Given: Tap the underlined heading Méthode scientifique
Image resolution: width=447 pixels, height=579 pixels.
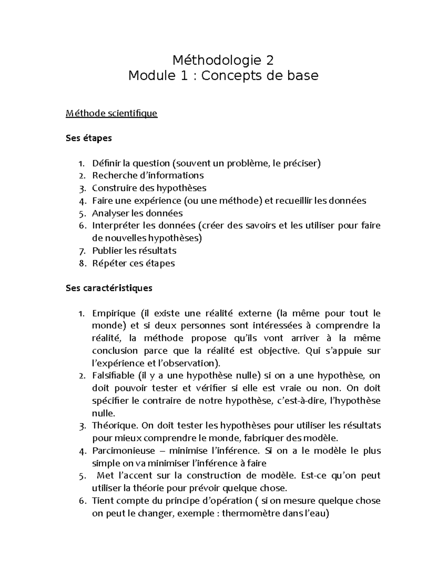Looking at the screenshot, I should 111,113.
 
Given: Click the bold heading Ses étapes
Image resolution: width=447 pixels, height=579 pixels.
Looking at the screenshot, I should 89,138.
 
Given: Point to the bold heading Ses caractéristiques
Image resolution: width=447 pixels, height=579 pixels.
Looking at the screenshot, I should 109,288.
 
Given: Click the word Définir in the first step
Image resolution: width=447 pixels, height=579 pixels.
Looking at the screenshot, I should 107,163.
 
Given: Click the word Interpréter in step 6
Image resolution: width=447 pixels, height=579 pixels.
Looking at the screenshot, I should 117,226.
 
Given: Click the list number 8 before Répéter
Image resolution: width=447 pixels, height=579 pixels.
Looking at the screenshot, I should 82,263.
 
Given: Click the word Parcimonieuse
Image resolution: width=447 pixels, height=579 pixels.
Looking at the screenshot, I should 123,451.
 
